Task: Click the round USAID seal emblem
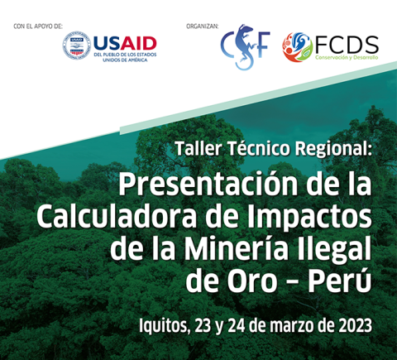pyautogui.click(x=77, y=45)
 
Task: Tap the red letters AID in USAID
pyautogui.click(x=138, y=44)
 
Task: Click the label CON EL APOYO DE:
pyautogui.click(x=38, y=26)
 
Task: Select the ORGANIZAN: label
pyautogui.click(x=203, y=26)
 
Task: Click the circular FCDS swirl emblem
pyautogui.click(x=297, y=47)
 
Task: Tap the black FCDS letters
pyautogui.click(x=347, y=45)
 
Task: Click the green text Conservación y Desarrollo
pyautogui.click(x=347, y=58)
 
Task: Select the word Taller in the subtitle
pyautogui.click(x=198, y=148)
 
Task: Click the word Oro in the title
pyautogui.click(x=252, y=281)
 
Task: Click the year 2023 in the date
pyautogui.click(x=355, y=326)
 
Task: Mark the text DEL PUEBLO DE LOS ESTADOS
pyautogui.click(x=125, y=55)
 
